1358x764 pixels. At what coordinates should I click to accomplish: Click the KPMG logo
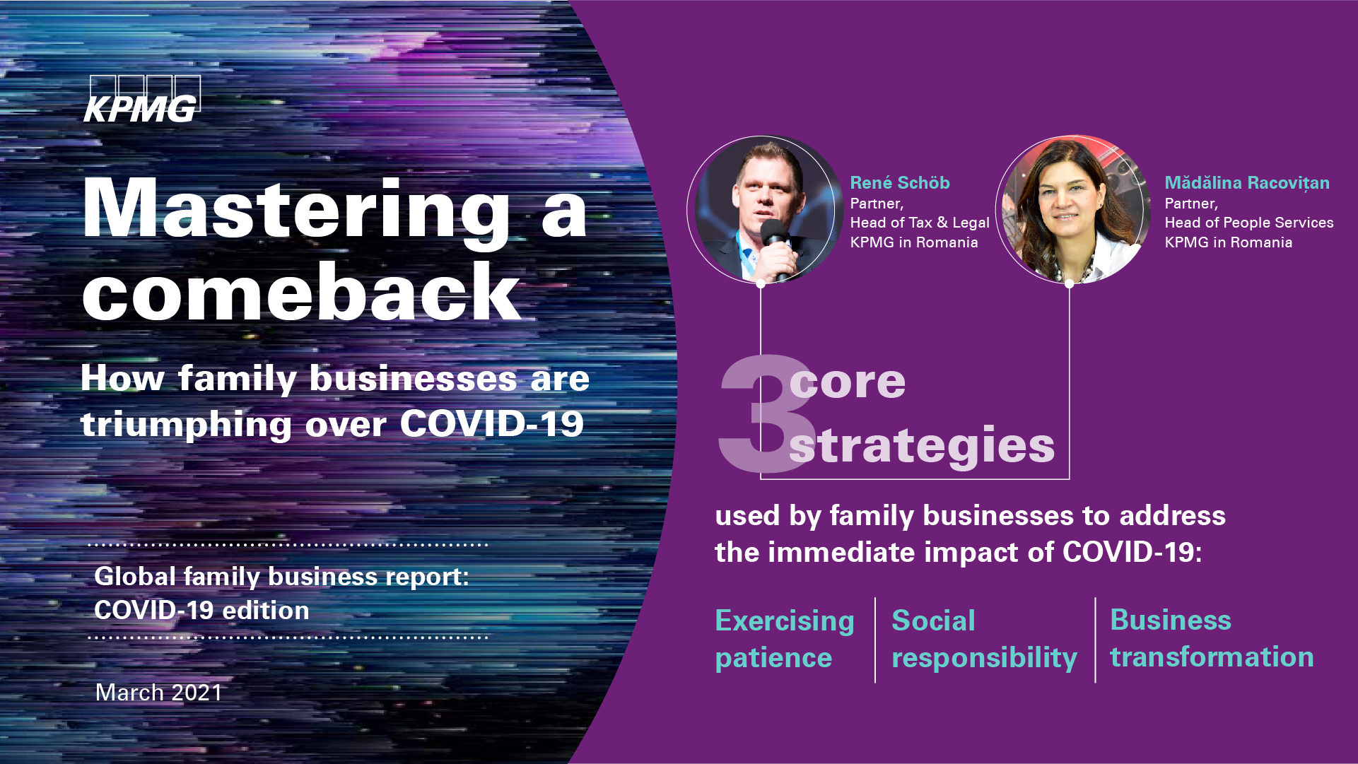142,99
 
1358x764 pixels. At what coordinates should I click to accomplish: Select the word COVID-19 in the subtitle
492,424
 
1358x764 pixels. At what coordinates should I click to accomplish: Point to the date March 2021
159,693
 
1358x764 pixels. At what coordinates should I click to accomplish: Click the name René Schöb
900,183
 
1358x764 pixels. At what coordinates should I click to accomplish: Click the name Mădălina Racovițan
1247,183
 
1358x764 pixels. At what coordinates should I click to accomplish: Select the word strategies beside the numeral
922,446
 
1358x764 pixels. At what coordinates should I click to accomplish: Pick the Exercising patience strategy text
785,640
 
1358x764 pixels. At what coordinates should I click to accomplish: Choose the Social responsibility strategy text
984,640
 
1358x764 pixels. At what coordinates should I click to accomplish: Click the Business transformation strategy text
1212,638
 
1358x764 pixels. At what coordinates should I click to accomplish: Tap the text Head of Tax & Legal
920,223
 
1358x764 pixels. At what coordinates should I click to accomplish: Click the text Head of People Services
1249,223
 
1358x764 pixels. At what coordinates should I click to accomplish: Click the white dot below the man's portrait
761,284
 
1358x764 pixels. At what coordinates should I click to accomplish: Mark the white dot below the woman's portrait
1070,284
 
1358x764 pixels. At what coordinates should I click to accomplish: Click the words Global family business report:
281,577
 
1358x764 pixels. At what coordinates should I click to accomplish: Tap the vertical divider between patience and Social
875,640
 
